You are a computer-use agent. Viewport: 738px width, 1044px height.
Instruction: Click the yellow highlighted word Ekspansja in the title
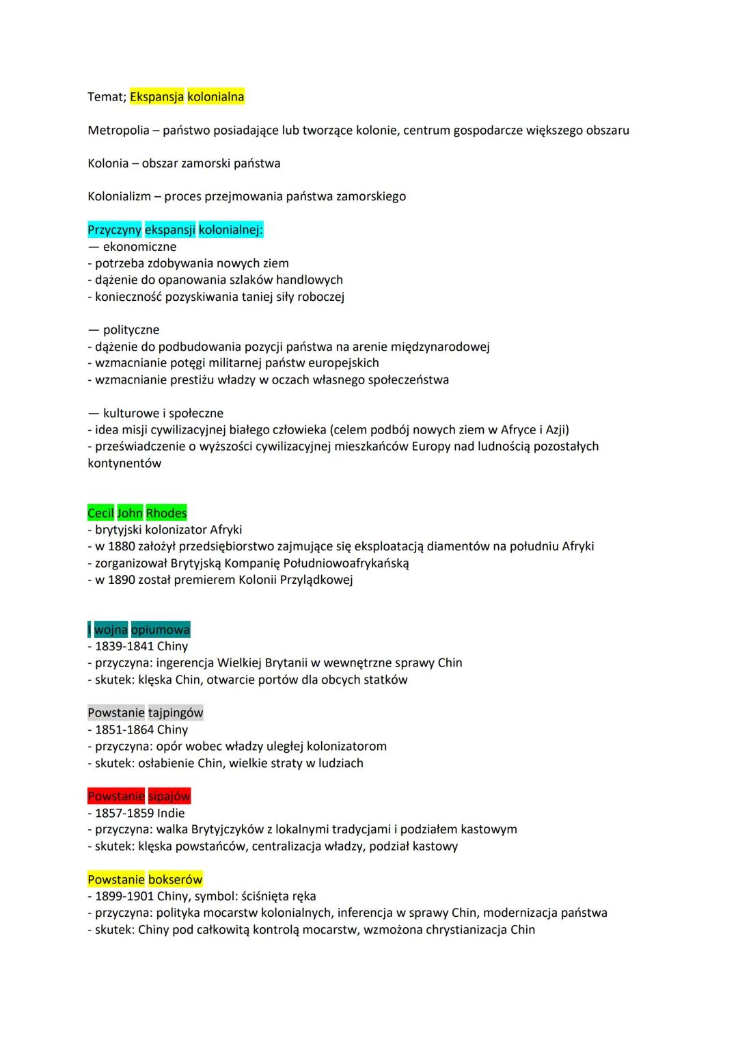156,97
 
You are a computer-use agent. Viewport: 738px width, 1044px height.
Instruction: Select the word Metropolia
118,130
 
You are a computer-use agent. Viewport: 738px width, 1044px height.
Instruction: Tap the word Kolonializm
119,196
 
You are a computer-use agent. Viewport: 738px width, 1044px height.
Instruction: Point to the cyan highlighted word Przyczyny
114,230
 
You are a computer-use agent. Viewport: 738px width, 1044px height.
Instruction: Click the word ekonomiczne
139,247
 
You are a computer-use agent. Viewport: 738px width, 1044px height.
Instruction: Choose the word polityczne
131,330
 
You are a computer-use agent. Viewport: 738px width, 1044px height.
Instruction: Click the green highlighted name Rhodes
166,513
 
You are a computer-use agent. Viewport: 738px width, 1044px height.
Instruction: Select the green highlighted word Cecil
100,513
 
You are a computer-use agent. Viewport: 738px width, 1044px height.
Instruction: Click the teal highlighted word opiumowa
161,630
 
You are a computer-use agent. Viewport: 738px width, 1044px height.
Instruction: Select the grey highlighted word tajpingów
176,713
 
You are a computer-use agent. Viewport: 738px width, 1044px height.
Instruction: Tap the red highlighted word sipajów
169,797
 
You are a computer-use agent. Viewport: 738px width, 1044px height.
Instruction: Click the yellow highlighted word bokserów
176,880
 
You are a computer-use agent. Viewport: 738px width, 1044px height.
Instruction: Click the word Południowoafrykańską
346,563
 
